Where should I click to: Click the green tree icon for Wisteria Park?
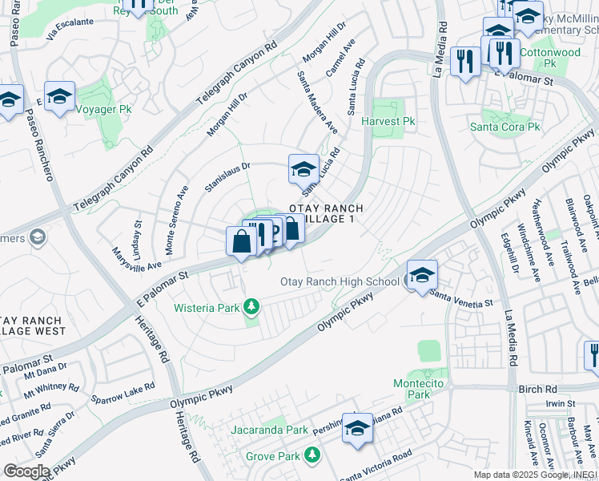[x=251, y=307]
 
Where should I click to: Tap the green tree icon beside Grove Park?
[x=312, y=456]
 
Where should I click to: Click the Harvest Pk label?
[x=388, y=122]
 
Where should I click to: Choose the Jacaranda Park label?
[x=269, y=430]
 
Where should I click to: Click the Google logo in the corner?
[x=26, y=471]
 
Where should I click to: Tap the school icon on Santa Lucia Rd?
[x=303, y=169]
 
